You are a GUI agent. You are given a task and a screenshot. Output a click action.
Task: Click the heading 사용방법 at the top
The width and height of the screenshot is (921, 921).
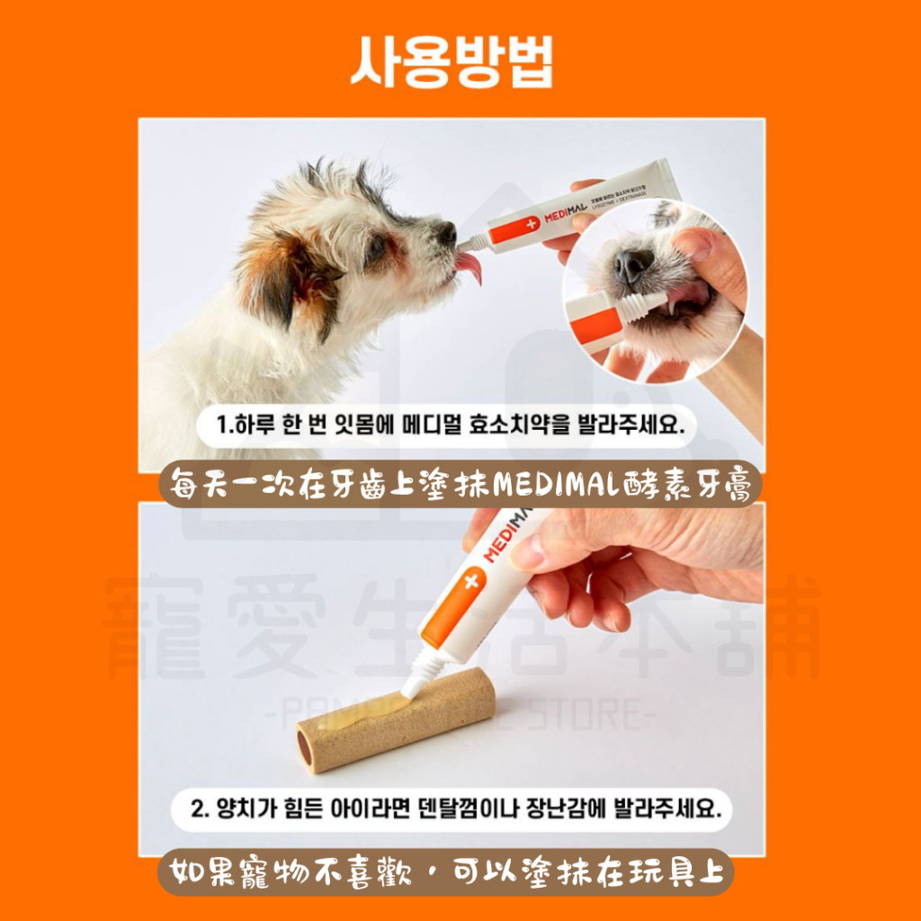pyautogui.click(x=452, y=61)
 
